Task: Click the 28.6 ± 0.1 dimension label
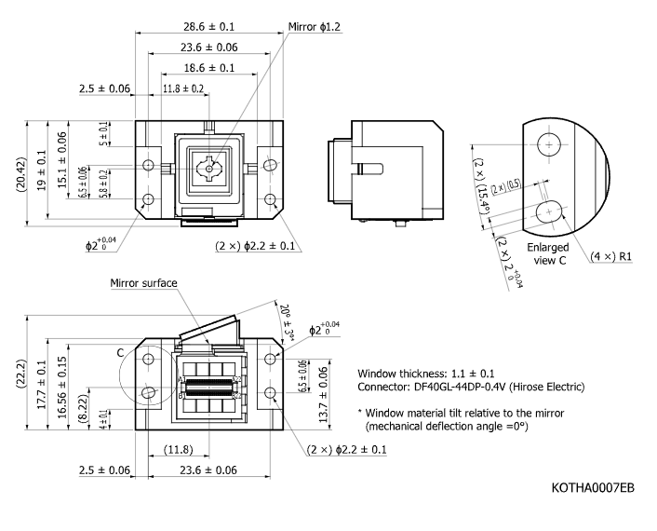tap(208, 27)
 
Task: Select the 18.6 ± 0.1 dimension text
tap(209, 68)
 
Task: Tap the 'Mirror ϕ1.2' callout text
tap(315, 27)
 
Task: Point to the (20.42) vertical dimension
tap(21, 174)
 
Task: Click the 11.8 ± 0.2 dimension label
tap(183, 88)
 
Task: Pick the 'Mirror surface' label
tap(143, 283)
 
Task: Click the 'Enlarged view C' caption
tap(547, 253)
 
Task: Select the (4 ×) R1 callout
tap(610, 256)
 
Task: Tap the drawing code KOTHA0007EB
tap(593, 488)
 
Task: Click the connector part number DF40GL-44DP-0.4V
tap(460, 387)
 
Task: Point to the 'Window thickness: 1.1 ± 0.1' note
tap(425, 374)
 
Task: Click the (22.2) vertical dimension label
tap(21, 374)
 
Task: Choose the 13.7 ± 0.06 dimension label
tap(323, 395)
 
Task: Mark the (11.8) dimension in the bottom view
tap(178, 450)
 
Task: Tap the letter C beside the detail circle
tap(120, 353)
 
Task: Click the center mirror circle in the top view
tap(209, 169)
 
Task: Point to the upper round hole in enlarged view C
tap(549, 144)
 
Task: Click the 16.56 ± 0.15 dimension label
tap(62, 388)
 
